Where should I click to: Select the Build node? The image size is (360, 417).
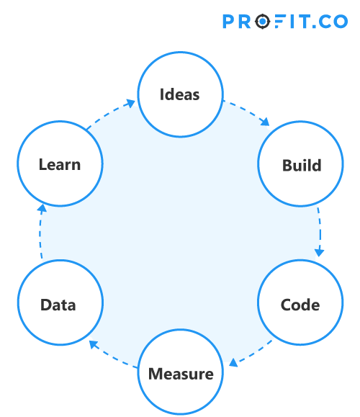(x=301, y=165)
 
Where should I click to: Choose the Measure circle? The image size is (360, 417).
(x=181, y=374)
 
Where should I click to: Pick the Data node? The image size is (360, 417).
(x=58, y=304)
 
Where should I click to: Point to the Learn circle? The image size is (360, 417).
(x=60, y=164)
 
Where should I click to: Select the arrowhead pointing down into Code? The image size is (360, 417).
(x=319, y=254)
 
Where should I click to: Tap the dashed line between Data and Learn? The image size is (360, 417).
(x=40, y=238)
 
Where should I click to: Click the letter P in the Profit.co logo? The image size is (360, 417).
(x=229, y=22)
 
